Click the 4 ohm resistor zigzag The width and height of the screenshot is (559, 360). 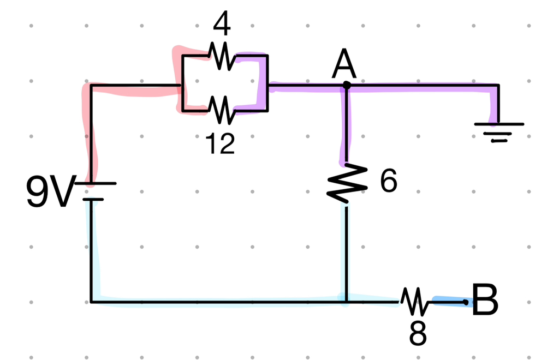pos(221,56)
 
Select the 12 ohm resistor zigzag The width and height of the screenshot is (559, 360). pos(221,110)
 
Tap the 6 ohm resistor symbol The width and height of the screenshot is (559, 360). pos(346,183)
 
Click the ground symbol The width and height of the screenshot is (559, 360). pos(498,131)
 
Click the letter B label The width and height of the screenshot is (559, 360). pos(485,300)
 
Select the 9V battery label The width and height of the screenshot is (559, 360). pos(48,192)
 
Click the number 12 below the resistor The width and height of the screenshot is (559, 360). pos(220,143)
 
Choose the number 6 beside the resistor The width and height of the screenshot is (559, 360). pos(388,182)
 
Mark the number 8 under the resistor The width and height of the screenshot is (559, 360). pos(418,334)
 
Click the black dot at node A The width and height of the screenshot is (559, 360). pos(346,85)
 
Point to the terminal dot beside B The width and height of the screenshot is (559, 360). pos(465,301)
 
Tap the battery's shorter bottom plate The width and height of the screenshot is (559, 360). pos(93,199)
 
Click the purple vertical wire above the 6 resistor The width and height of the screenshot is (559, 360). pos(346,125)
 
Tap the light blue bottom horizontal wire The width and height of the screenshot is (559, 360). pos(218,302)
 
